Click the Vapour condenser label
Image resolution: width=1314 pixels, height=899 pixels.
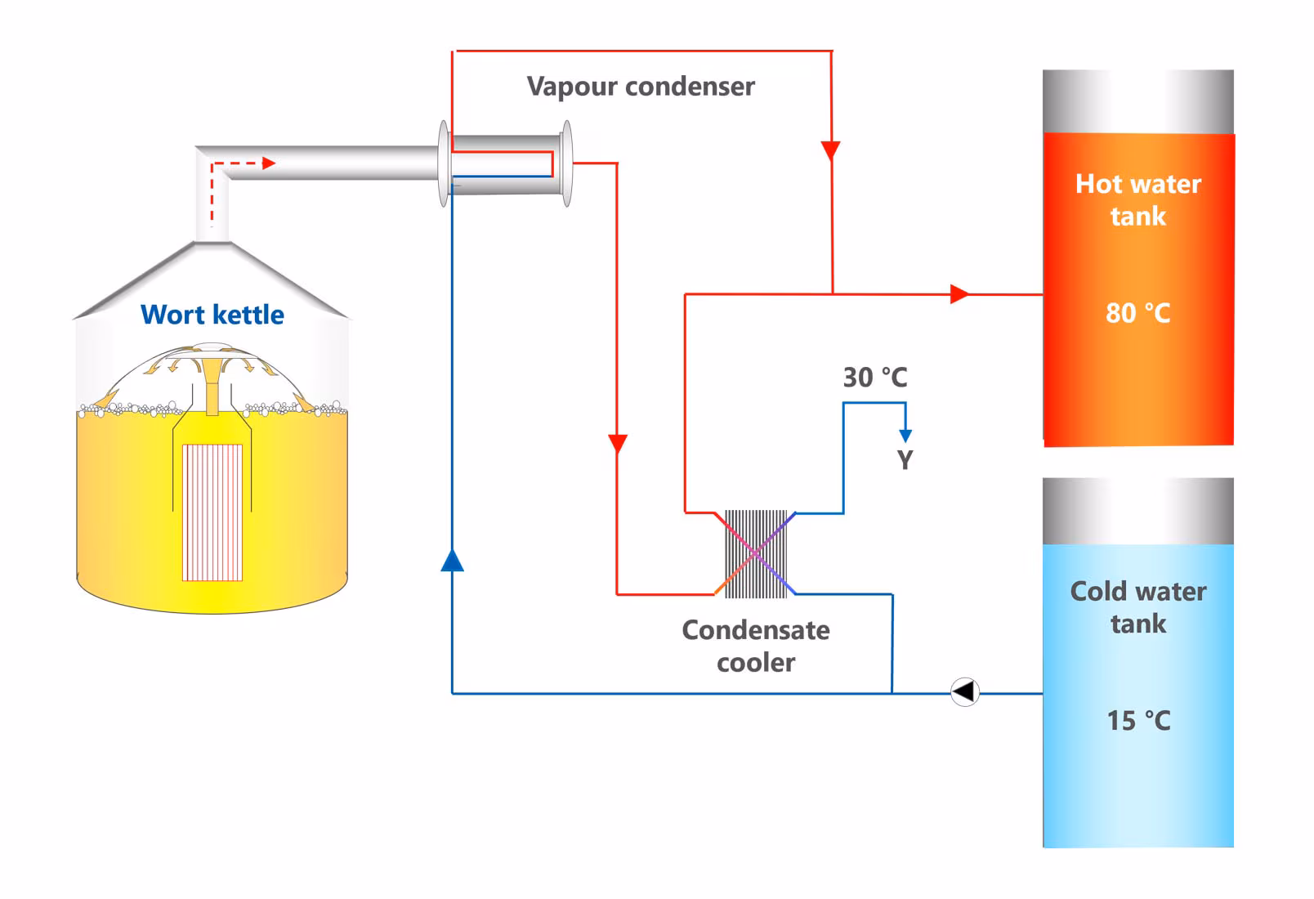(x=640, y=87)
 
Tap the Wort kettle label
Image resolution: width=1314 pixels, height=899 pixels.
(x=212, y=315)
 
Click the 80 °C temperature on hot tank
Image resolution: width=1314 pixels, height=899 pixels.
(x=1137, y=313)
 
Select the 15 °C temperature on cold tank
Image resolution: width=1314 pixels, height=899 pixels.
(x=1137, y=721)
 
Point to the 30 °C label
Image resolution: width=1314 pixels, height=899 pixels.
(x=874, y=378)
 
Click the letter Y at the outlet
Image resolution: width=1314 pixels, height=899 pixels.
(x=905, y=460)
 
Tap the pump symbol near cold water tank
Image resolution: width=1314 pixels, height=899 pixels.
(x=965, y=692)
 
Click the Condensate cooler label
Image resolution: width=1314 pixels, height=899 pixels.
(x=756, y=646)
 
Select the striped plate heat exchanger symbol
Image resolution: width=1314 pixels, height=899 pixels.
(x=756, y=554)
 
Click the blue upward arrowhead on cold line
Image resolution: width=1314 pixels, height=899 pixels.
(x=452, y=561)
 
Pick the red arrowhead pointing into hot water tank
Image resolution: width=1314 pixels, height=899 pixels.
(x=959, y=293)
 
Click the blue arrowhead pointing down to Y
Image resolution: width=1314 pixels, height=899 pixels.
(x=905, y=435)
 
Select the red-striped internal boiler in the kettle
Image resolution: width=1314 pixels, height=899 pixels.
(x=212, y=512)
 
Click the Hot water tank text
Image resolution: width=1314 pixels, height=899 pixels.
(x=1137, y=199)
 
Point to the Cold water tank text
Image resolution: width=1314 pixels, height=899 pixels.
(x=1137, y=607)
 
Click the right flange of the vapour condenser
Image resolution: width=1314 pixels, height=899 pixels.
(x=566, y=163)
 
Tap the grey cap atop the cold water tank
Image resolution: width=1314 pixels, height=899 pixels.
(x=1137, y=511)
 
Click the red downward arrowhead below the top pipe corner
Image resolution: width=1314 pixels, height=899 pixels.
(x=831, y=151)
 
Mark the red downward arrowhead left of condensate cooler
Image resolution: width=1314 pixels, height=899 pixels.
(x=618, y=444)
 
